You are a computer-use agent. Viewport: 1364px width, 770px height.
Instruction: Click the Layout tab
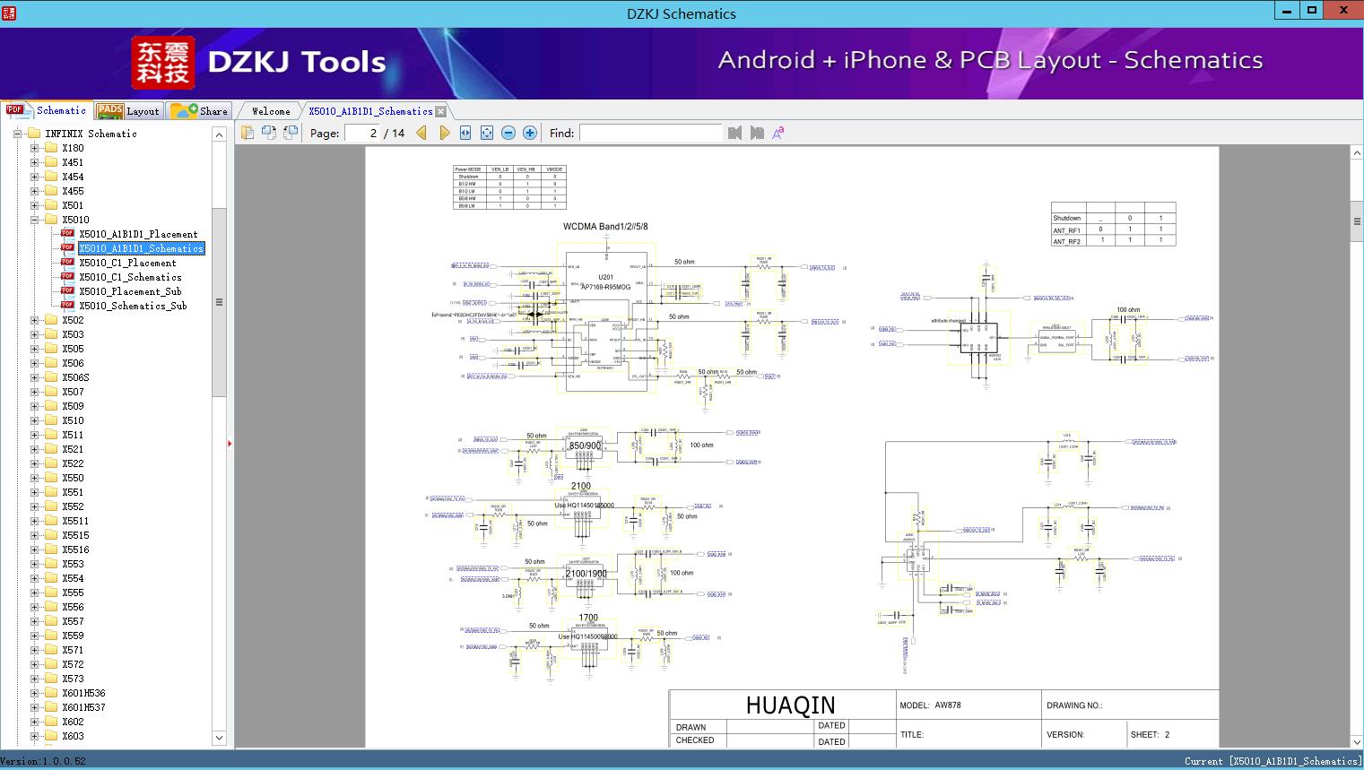point(128,111)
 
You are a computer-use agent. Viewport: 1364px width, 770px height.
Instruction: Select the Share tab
point(200,111)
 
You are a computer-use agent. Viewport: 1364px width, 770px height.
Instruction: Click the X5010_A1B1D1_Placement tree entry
point(137,234)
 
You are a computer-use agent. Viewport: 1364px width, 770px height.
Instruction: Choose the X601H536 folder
point(83,693)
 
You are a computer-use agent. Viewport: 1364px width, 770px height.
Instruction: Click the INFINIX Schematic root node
point(91,134)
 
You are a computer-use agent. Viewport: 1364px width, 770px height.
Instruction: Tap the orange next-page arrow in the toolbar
point(444,133)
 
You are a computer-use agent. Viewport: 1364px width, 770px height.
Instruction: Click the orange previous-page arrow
point(421,133)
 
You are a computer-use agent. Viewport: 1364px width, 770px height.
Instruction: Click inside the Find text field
point(650,133)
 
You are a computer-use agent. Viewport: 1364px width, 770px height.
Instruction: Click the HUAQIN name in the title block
point(790,705)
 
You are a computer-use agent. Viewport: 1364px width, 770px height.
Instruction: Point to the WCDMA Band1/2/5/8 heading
point(605,227)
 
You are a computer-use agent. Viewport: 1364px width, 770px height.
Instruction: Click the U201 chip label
point(605,277)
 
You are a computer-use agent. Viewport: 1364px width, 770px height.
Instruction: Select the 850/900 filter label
point(585,446)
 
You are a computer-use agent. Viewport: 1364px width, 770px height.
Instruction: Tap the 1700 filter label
point(588,618)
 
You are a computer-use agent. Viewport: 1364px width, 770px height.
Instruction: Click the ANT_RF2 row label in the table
point(1066,242)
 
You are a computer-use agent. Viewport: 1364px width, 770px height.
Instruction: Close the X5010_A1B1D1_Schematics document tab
point(440,111)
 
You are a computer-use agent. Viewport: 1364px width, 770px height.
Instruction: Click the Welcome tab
point(271,111)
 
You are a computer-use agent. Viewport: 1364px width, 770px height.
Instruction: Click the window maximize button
point(1312,11)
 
